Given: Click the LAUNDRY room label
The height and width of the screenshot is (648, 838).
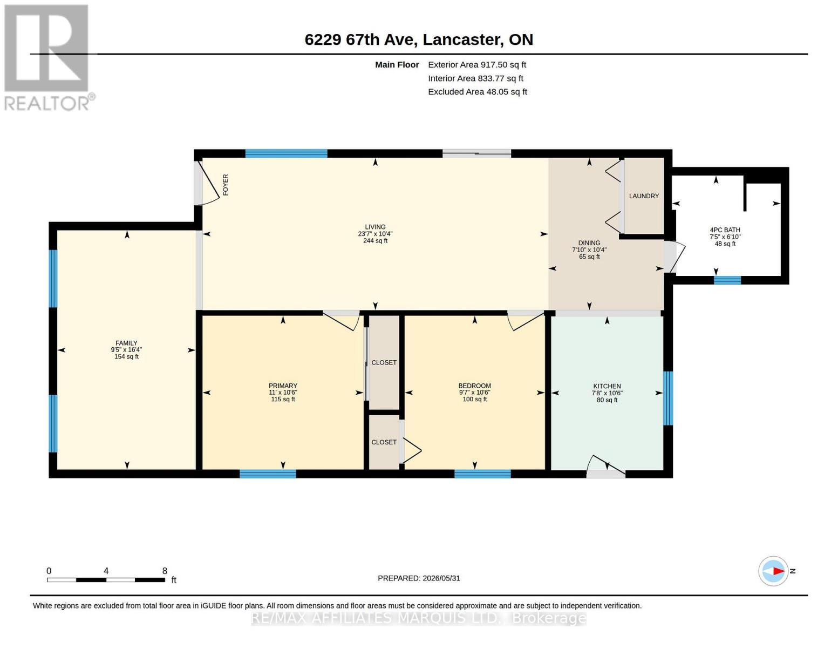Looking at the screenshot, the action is pyautogui.click(x=644, y=196).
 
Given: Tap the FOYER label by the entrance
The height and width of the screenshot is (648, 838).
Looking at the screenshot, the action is pyautogui.click(x=226, y=185).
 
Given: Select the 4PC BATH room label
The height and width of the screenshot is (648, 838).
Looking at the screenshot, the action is pyautogui.click(x=725, y=230).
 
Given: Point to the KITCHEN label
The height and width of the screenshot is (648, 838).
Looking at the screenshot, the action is pyautogui.click(x=607, y=386).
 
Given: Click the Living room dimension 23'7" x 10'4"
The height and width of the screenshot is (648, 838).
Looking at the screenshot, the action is pyautogui.click(x=375, y=234).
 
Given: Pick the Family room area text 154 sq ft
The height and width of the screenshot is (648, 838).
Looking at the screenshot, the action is pyautogui.click(x=126, y=356).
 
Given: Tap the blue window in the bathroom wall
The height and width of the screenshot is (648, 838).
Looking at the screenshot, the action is pyautogui.click(x=727, y=280).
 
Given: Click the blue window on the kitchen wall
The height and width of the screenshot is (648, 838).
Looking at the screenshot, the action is pyautogui.click(x=669, y=399).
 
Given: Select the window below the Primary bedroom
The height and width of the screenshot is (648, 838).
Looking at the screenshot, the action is pyautogui.click(x=268, y=474).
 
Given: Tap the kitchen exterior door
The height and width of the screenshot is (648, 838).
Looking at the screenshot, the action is pyautogui.click(x=606, y=467).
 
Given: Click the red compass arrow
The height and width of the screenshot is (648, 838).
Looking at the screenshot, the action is pyautogui.click(x=779, y=571).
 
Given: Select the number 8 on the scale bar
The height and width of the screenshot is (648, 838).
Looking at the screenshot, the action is pyautogui.click(x=165, y=571).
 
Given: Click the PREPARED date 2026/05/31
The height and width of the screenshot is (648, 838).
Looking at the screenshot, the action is pyautogui.click(x=441, y=578).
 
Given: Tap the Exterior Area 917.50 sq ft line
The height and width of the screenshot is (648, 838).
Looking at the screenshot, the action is pyautogui.click(x=477, y=65).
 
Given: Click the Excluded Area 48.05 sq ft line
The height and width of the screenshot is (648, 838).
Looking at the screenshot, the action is pyautogui.click(x=478, y=92).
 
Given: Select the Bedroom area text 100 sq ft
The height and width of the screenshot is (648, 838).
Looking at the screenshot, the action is pyautogui.click(x=475, y=399).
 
